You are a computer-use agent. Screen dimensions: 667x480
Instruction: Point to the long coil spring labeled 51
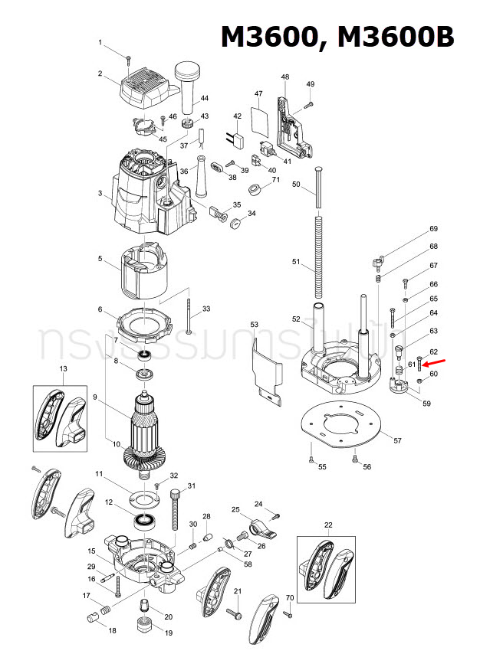pos(317,257)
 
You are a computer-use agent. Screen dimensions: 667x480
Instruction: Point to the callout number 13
pos(64,369)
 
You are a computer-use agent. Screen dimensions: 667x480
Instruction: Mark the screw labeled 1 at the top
pos(130,57)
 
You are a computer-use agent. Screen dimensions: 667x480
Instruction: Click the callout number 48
pos(285,77)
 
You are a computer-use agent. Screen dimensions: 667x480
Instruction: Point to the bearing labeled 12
pos(143,522)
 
